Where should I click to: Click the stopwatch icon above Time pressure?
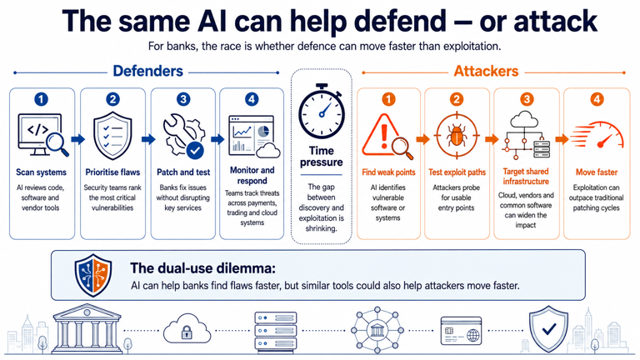tap(322, 112)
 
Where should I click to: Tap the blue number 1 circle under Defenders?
tap(41, 99)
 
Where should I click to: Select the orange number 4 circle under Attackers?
tap(597, 99)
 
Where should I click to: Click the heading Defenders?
tap(147, 71)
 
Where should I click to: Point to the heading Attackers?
tap(486, 71)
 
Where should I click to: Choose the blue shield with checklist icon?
tap(112, 136)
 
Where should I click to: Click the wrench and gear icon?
tap(183, 136)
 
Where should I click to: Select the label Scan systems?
tap(41, 172)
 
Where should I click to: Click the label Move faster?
tap(597, 172)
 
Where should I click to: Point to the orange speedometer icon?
tap(597, 135)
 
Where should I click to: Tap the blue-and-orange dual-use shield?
tap(93, 275)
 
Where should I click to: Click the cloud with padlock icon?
tap(187, 329)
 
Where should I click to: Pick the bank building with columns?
tap(87, 328)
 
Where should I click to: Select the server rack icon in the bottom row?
tap(276, 331)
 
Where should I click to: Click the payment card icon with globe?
tap(461, 331)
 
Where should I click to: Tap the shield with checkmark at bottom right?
tap(548, 328)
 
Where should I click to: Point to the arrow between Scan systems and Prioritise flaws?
tap(78, 139)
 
